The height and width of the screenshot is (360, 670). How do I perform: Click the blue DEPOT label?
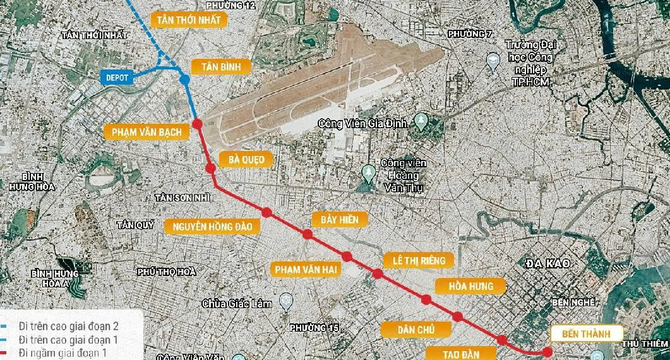click(117, 78)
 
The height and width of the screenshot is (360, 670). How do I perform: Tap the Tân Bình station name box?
click(217, 66)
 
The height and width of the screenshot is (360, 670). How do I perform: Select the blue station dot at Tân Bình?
click(185, 80)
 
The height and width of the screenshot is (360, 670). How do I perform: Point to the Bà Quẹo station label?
click(246, 159)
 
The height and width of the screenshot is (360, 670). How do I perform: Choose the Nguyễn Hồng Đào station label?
click(212, 225)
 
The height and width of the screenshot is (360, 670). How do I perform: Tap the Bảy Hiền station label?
click(340, 219)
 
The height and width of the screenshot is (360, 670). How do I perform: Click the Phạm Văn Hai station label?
click(306, 269)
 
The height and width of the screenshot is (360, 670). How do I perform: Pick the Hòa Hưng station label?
click(471, 286)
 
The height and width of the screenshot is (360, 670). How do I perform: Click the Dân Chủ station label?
click(416, 329)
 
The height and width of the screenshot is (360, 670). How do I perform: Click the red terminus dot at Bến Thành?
click(547, 352)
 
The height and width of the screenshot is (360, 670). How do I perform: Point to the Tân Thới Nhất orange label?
click(190, 20)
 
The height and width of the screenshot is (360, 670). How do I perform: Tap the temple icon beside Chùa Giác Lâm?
click(286, 303)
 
